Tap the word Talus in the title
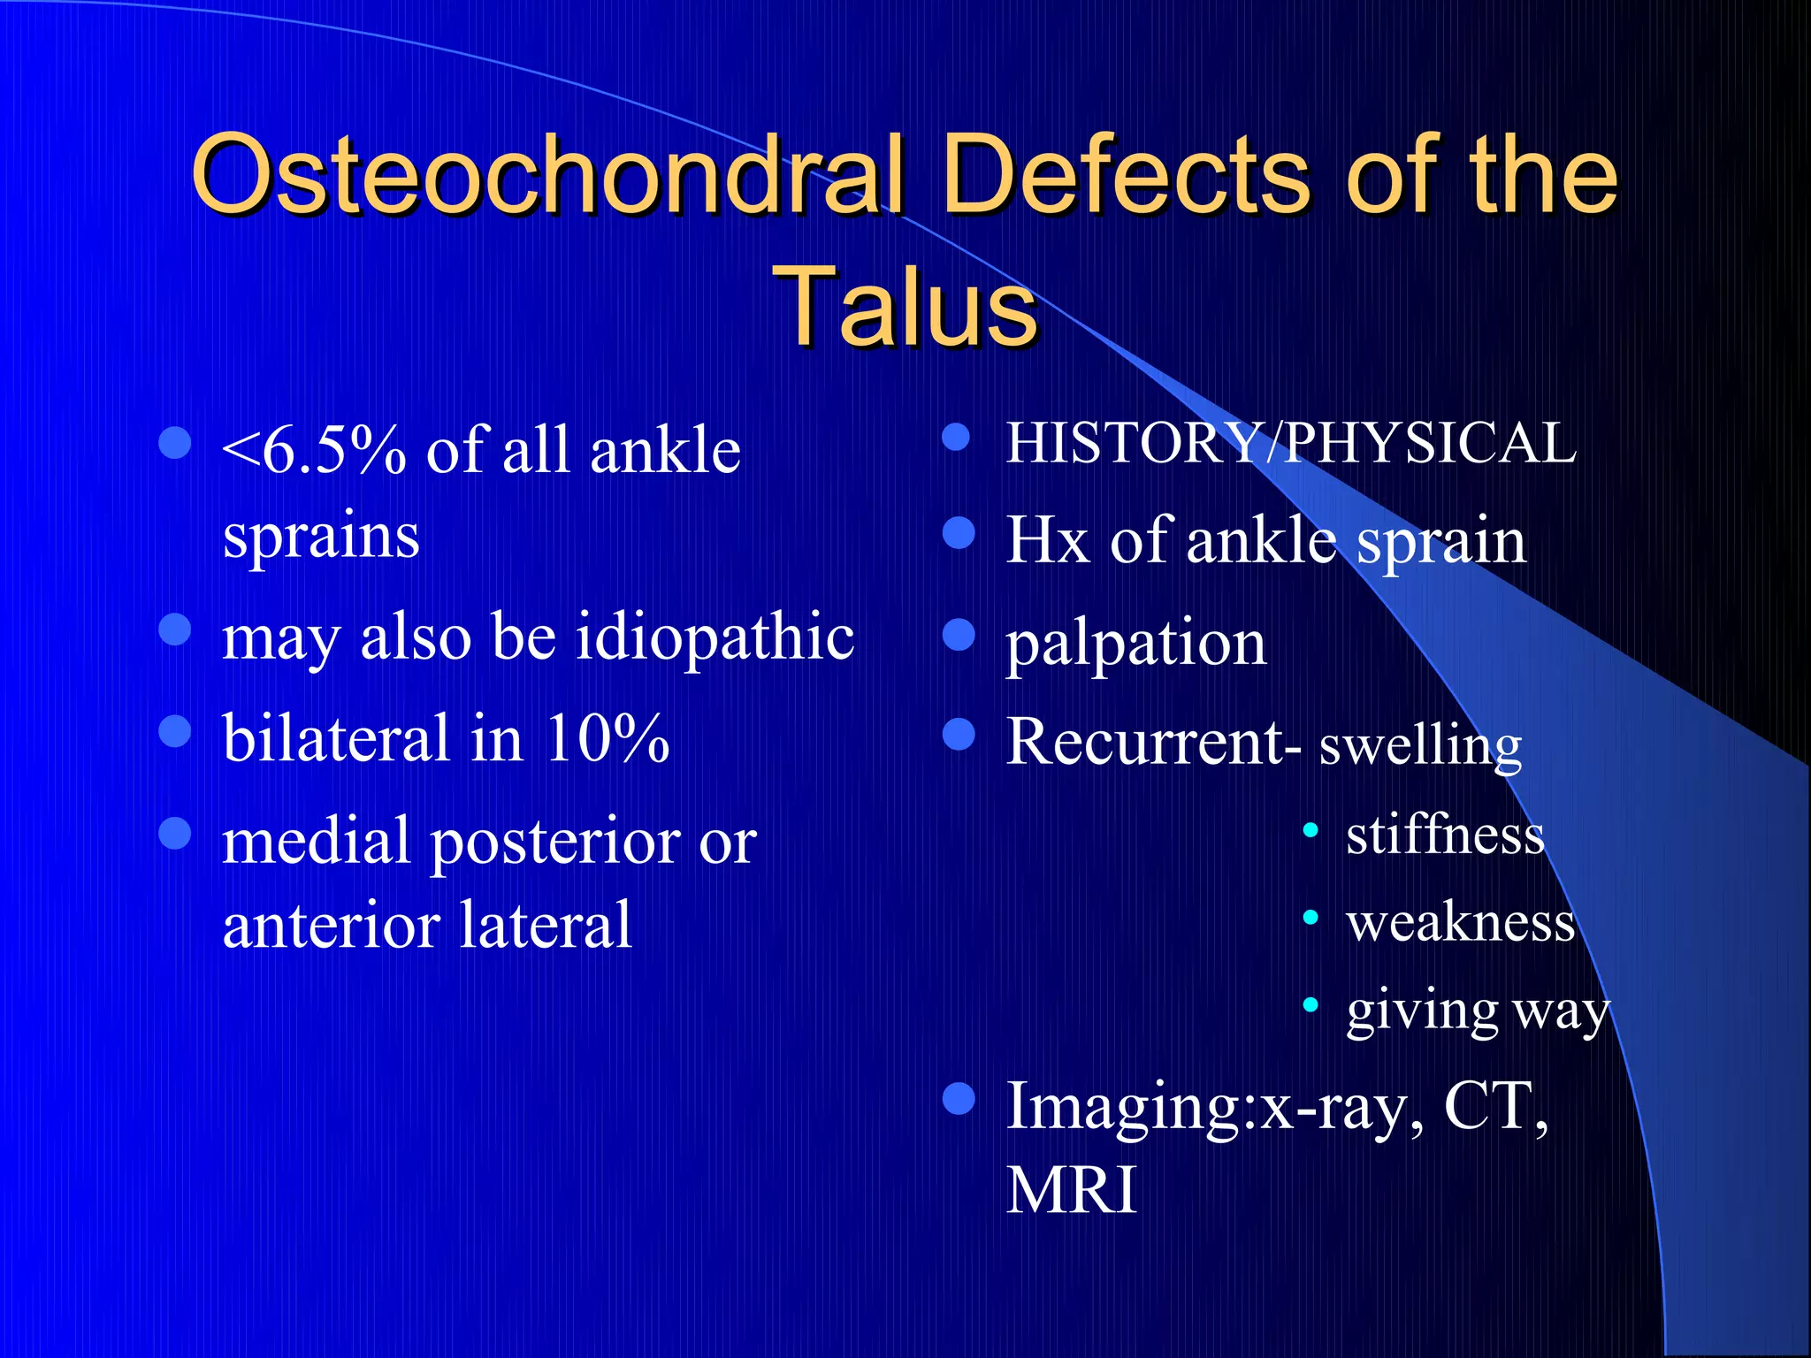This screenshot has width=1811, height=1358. click(x=905, y=305)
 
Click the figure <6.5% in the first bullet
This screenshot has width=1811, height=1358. click(x=314, y=451)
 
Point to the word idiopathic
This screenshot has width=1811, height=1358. click(x=715, y=639)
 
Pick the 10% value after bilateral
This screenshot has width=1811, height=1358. click(x=607, y=737)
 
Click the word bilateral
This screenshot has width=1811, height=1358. click(x=336, y=737)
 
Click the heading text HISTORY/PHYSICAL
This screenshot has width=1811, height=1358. click(x=1292, y=442)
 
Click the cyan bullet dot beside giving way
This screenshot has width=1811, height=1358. click(x=1310, y=1005)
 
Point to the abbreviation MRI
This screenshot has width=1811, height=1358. click(x=1072, y=1190)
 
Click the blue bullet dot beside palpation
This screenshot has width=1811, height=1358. click(x=959, y=634)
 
